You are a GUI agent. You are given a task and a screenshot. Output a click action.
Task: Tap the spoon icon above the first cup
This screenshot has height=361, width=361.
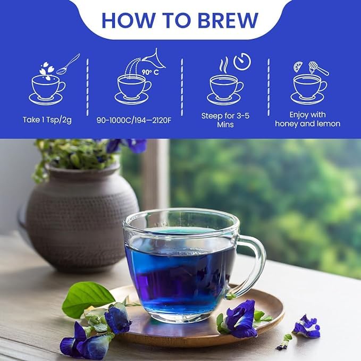[x=68, y=64]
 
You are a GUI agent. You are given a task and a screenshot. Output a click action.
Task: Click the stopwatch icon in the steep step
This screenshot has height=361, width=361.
[x=242, y=62]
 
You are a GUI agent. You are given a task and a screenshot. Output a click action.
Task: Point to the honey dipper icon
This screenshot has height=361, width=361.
[x=319, y=68]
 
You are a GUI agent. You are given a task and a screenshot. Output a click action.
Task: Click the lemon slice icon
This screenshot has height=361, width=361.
[x=298, y=66]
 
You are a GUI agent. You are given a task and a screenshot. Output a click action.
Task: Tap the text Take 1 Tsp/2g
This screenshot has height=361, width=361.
[x=47, y=120]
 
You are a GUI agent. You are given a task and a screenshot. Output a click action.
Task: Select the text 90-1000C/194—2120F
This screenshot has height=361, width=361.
[x=133, y=120]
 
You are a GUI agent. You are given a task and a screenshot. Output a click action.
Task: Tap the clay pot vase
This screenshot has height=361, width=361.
[x=80, y=213]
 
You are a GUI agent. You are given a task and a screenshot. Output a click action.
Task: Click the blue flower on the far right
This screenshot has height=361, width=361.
[x=307, y=327]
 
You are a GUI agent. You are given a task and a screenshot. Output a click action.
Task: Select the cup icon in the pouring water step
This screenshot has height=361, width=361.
[x=132, y=88]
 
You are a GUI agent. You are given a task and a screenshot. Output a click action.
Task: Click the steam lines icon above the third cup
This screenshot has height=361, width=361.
[x=224, y=65]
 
